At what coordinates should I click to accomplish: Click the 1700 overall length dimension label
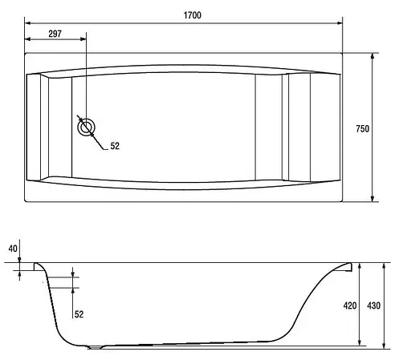click(x=193, y=15)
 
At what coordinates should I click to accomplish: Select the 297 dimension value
click(x=55, y=34)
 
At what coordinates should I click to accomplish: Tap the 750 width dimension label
click(x=363, y=129)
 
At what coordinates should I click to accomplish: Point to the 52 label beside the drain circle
click(x=115, y=146)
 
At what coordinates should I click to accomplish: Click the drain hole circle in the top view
click(x=86, y=127)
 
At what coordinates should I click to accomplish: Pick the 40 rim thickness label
click(x=13, y=249)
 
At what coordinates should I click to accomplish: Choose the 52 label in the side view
click(x=79, y=314)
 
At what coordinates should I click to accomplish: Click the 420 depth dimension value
click(x=350, y=305)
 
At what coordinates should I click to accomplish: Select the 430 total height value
click(x=373, y=305)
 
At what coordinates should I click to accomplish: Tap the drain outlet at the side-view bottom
click(x=95, y=347)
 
